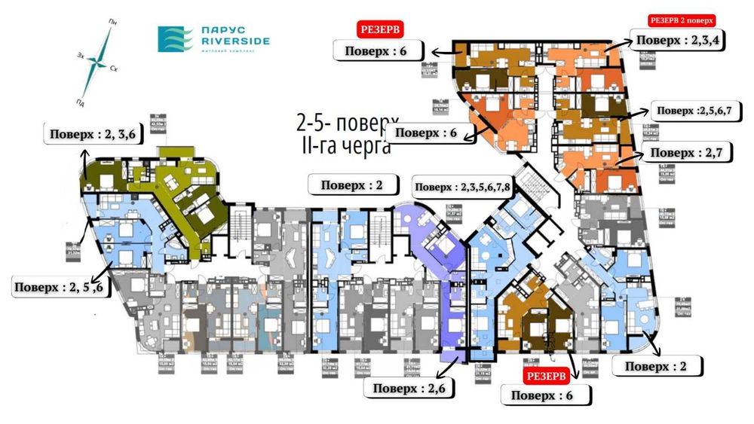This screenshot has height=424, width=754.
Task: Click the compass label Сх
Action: tap(114, 69)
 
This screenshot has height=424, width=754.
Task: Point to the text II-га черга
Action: tap(345, 145)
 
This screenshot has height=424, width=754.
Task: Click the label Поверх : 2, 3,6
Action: tap(93, 135)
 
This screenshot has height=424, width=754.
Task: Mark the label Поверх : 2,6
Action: tap(407, 389)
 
